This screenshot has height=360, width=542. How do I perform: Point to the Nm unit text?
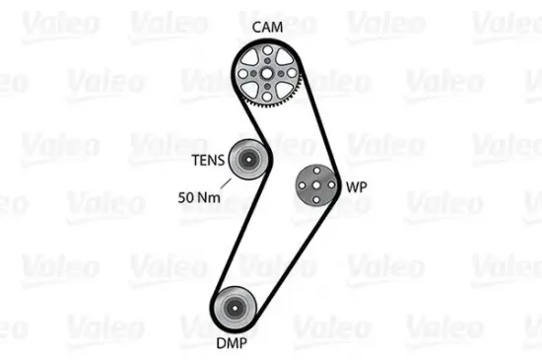(209, 198)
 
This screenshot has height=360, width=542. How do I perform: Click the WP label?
(356, 183)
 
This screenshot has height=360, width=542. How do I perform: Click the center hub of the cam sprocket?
(266, 68)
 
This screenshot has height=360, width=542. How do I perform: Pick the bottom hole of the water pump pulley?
(315, 196)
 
